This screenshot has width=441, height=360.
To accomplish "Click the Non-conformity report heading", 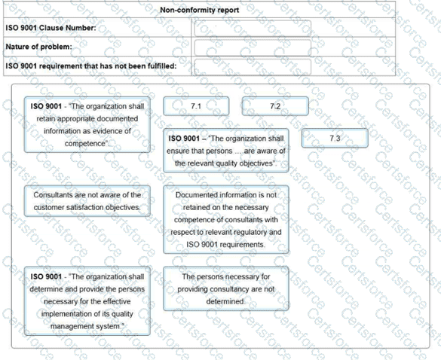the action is (x=201, y=10).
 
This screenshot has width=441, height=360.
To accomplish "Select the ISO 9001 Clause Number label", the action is (x=51, y=28).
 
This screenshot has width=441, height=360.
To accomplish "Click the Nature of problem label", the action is (x=38, y=47).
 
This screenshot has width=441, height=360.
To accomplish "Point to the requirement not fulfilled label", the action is (x=91, y=66).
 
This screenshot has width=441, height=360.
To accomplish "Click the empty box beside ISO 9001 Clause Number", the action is (x=252, y=29).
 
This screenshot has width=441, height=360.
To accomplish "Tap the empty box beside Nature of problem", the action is (x=252, y=47).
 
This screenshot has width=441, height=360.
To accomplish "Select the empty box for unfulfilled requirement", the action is (x=252, y=66).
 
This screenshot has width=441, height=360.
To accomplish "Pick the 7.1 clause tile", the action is (x=195, y=106).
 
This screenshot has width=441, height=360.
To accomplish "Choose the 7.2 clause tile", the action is (x=274, y=106).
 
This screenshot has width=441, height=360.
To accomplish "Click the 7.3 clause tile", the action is (x=335, y=139).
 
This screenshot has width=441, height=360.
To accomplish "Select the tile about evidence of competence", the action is (x=87, y=124).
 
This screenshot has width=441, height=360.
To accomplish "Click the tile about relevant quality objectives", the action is (x=225, y=151).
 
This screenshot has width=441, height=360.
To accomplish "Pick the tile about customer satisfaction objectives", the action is (x=87, y=201).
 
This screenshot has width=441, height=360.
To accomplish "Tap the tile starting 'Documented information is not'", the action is (x=225, y=219).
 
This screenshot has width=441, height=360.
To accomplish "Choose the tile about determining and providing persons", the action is (x=87, y=301).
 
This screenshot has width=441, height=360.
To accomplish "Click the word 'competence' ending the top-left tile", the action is (x=85, y=143).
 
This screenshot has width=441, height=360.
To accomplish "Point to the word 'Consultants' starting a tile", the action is (x=54, y=195).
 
